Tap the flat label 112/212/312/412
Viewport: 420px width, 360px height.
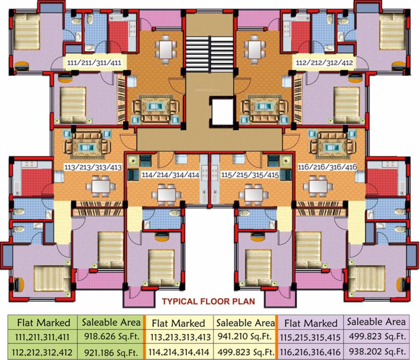click(324, 62)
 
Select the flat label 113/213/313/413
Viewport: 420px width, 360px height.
click(92, 167)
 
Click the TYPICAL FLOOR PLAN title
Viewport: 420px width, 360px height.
click(208, 301)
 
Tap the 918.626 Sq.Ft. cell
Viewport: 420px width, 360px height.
click(111, 336)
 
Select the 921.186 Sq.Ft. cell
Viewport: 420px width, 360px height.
click(111, 351)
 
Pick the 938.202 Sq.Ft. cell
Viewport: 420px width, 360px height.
click(376, 351)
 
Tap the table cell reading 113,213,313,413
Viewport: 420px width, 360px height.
click(178, 336)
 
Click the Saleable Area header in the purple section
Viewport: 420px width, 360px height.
click(376, 322)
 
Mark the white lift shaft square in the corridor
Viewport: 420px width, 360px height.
click(222, 112)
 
